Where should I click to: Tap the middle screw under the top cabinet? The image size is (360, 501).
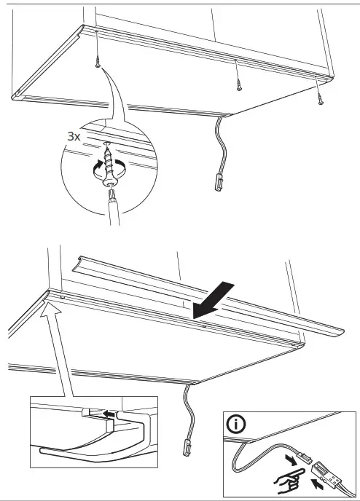[238, 84]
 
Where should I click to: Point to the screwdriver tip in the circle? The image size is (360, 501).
[111, 192]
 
